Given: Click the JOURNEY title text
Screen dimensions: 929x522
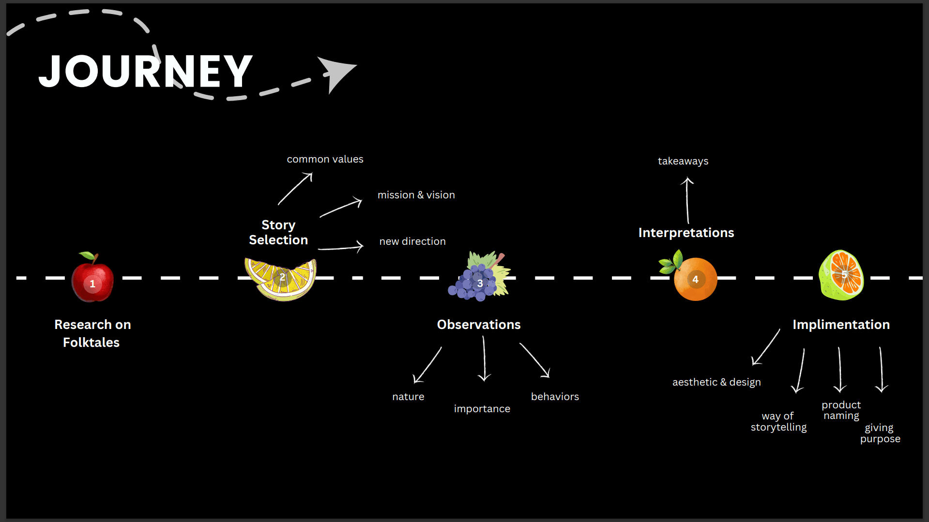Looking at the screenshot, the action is [145, 71].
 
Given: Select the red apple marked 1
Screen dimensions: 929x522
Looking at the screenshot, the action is [92, 277].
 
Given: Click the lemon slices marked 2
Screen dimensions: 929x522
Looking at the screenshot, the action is [281, 279].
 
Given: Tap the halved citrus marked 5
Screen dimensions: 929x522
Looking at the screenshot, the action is [841, 275].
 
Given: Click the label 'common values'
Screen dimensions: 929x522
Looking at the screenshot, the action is [325, 159].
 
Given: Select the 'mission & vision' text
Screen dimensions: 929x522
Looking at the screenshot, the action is [416, 195].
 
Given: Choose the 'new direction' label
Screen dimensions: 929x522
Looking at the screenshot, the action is [412, 241].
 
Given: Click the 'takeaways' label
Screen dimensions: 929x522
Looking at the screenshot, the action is [683, 161].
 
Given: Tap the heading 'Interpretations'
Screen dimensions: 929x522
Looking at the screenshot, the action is [686, 233].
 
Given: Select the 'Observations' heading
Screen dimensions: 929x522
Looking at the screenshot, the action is [479, 325].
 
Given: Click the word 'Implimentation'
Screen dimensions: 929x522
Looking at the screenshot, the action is [841, 325].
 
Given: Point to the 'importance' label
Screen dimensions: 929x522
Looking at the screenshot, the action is [482, 409].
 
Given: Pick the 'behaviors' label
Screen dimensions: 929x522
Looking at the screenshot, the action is [555, 397].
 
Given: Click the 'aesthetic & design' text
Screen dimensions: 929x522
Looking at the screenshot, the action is [716, 382].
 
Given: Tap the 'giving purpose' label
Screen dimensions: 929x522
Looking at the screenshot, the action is [880, 433].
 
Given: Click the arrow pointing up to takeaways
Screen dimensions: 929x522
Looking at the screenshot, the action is [687, 200].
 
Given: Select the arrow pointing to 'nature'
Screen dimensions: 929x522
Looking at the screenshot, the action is [427, 365].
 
